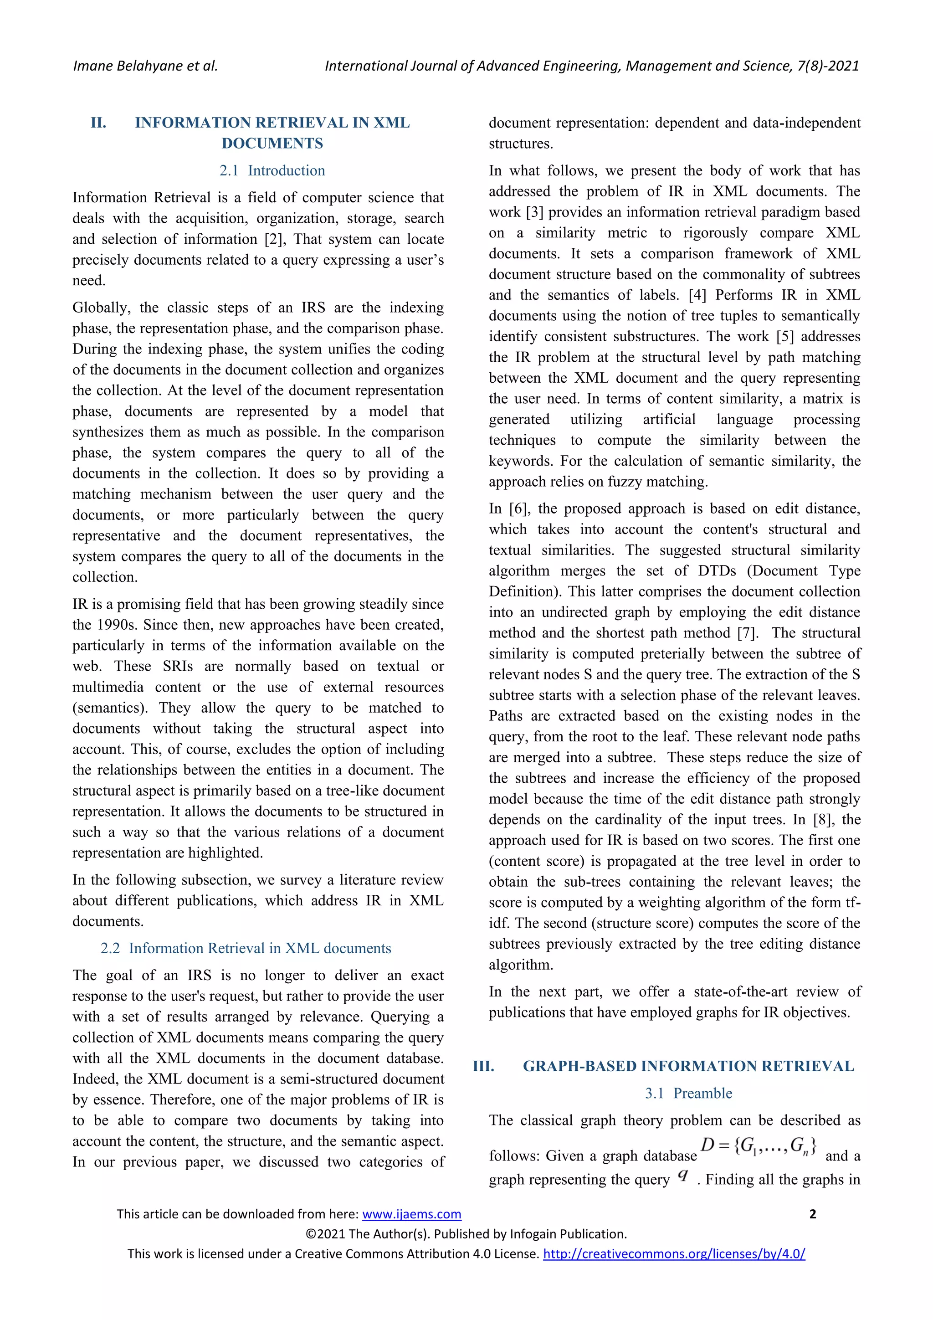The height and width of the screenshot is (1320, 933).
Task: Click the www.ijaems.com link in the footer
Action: tap(411, 1214)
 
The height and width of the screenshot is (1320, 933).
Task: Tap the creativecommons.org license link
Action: tap(674, 1253)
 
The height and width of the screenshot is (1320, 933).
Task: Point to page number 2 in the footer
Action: tap(812, 1214)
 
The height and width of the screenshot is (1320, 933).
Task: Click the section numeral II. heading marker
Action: tap(98, 123)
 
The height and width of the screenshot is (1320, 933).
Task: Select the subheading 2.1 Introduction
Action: tap(272, 171)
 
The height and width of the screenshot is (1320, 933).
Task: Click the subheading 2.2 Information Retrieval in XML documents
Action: tap(246, 948)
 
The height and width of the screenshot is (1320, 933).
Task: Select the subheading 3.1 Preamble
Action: tap(688, 1093)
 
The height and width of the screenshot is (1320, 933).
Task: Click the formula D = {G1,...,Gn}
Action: tap(758, 1145)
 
